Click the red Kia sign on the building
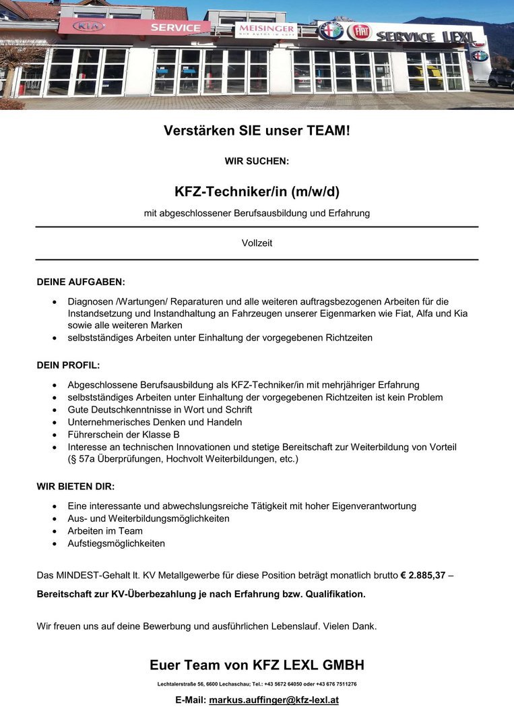pyautogui.click(x=88, y=26)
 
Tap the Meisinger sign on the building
pyautogui.click(x=265, y=30)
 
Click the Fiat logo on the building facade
pyautogui.click(x=359, y=32)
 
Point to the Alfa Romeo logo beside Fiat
pyautogui.click(x=331, y=30)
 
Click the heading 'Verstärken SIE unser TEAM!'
pyautogui.click(x=257, y=131)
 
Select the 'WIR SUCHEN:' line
pyautogui.click(x=257, y=161)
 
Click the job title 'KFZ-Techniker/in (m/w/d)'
pyautogui.click(x=257, y=191)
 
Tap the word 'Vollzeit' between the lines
pyautogui.click(x=257, y=243)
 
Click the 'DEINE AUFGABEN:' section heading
pyautogui.click(x=81, y=281)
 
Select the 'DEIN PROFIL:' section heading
pyautogui.click(x=68, y=365)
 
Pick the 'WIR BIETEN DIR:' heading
pyautogui.click(x=75, y=485)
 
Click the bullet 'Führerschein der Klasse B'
pyautogui.click(x=123, y=434)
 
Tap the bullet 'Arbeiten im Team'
pyautogui.click(x=105, y=530)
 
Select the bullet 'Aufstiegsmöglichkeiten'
pyautogui.click(x=116, y=543)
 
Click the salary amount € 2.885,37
pyautogui.click(x=422, y=575)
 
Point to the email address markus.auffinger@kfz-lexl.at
pyautogui.click(x=274, y=700)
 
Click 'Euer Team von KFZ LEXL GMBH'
pyautogui.click(x=257, y=665)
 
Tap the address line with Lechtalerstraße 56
pyautogui.click(x=257, y=684)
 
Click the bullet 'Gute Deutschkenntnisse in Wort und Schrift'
pyautogui.click(x=160, y=410)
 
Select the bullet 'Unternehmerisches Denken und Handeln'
pyautogui.click(x=154, y=422)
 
